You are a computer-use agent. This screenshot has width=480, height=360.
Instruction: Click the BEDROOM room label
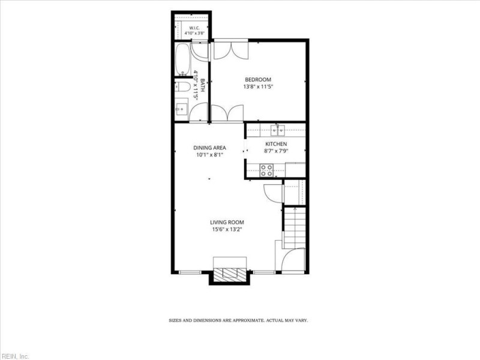258,80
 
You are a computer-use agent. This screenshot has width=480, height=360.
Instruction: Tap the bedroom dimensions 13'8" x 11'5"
258,86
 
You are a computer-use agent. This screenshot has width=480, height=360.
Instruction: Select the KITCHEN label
276,144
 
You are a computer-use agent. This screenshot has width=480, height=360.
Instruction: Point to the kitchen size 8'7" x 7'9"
276,151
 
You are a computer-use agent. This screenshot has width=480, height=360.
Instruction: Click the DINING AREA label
209,148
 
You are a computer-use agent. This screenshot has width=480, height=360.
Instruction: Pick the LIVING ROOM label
227,223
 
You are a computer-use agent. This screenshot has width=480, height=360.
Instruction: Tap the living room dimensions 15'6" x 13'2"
227,229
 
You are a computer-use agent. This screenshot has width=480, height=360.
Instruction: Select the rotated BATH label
202,85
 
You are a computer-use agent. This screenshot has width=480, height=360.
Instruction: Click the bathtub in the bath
183,59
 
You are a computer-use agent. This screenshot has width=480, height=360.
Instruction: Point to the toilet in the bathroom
181,87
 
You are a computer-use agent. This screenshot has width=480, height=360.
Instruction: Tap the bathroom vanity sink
181,109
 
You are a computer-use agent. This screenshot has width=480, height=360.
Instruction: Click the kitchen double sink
278,130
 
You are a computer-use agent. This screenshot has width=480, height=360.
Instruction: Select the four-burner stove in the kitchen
266,170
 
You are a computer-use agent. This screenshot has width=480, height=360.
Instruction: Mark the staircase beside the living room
295,228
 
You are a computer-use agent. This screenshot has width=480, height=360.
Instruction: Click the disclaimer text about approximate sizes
238,320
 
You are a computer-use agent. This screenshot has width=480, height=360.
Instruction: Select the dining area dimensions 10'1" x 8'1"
209,155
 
